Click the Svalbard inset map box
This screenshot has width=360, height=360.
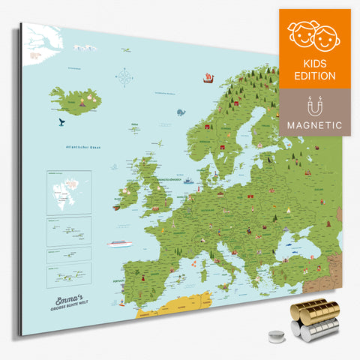68,192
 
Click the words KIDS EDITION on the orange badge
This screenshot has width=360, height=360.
315,68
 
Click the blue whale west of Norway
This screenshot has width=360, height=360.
181,112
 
